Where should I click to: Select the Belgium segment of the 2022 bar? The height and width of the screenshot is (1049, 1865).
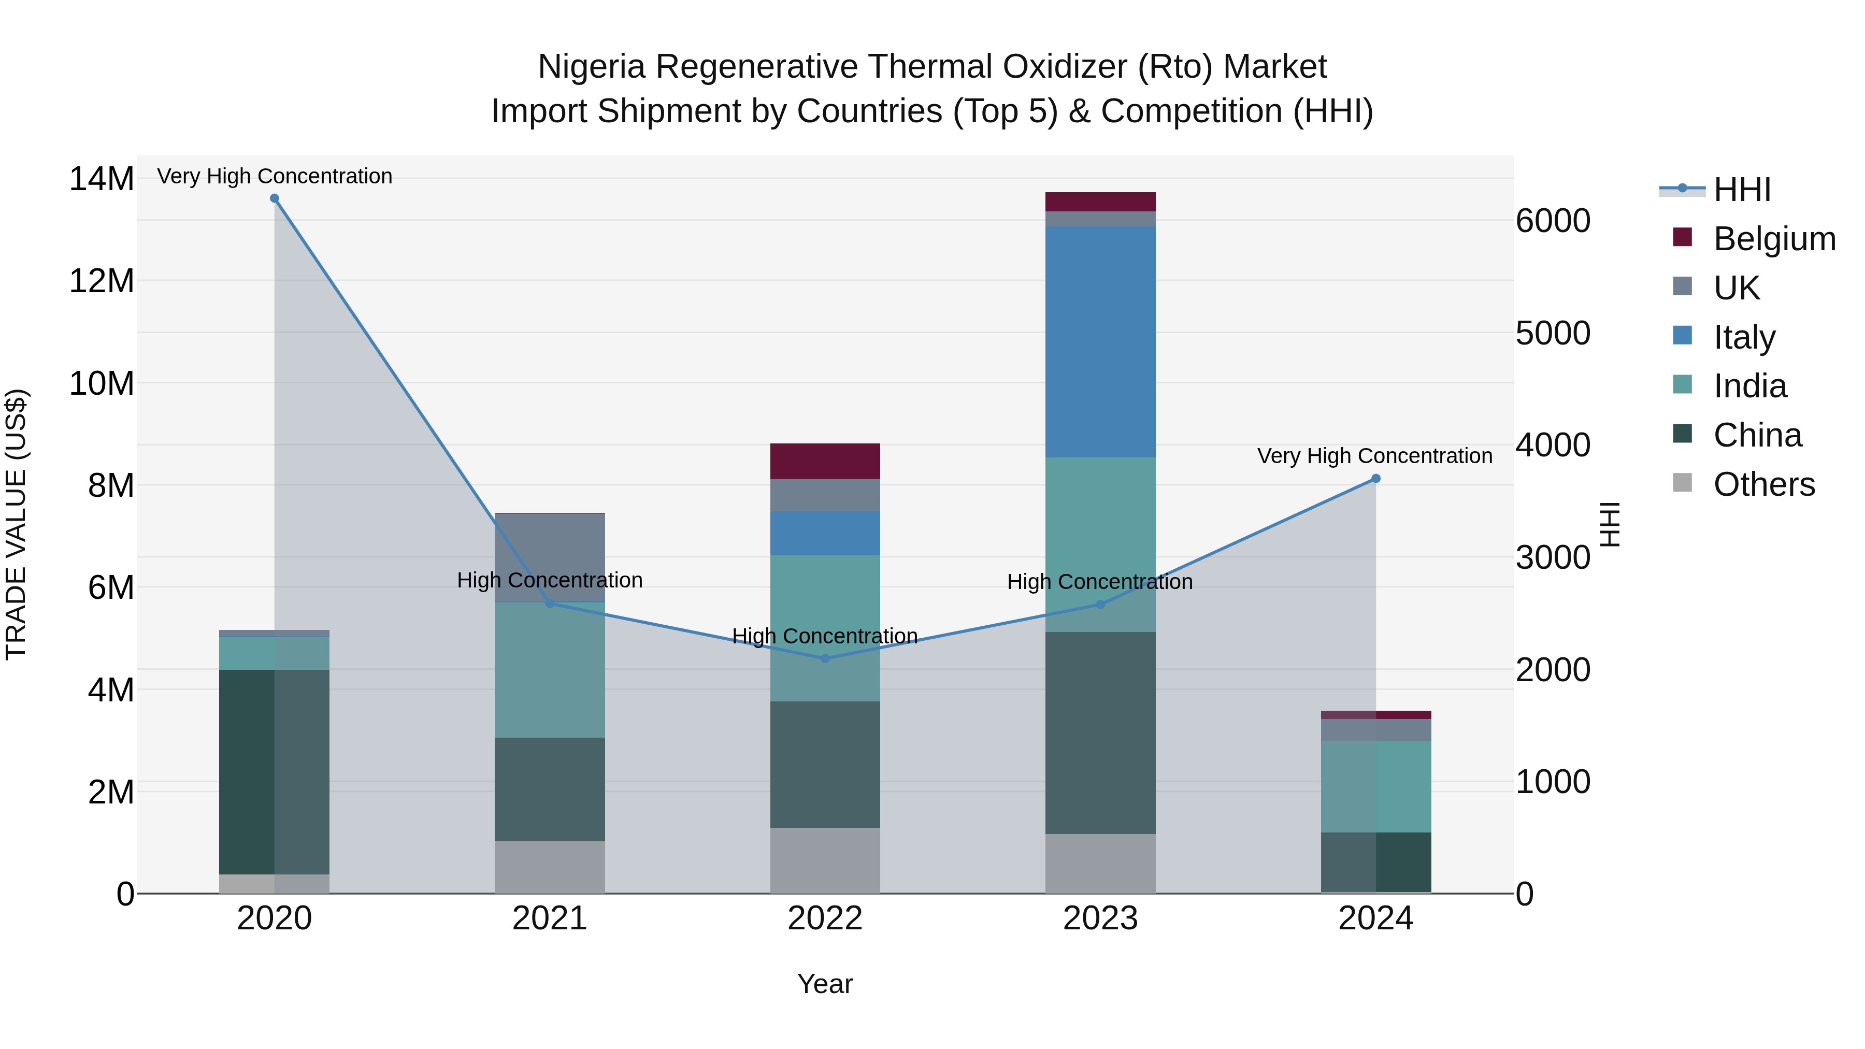[825, 461]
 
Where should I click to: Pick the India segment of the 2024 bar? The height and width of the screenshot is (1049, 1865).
[1375, 786]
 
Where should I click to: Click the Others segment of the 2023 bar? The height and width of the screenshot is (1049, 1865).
[1100, 863]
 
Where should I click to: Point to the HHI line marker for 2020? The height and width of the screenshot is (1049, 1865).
[275, 198]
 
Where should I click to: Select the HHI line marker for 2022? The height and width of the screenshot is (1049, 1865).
[825, 658]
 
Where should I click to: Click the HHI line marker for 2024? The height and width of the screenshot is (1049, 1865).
[1375, 479]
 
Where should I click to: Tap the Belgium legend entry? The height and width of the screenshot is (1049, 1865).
[1774, 239]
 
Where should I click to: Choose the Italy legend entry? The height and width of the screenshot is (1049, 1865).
[1744, 337]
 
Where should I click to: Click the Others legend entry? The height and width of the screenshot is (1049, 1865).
[1763, 484]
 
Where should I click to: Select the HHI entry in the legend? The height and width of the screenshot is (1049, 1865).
[1742, 190]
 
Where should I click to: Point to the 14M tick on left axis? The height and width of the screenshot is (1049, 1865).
[102, 179]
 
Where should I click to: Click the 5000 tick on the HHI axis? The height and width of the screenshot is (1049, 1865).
[1553, 333]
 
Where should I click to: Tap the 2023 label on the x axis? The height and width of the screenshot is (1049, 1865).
[1100, 918]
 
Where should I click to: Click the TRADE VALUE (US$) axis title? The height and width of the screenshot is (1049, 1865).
[16, 524]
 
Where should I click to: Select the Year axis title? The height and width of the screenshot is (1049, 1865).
[825, 984]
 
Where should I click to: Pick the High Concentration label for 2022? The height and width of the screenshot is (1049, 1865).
[825, 636]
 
